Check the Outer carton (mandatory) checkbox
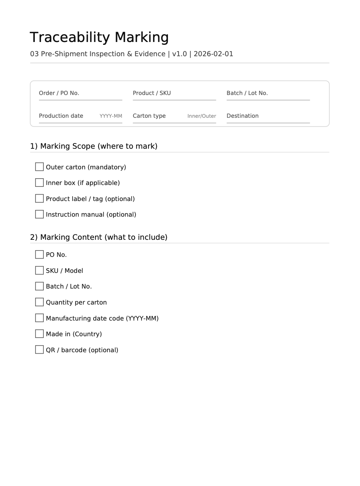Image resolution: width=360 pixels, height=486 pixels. tap(39, 167)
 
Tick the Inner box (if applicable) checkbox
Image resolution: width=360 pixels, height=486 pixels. tap(39, 183)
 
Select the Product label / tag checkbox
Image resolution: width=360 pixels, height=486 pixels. tap(39, 199)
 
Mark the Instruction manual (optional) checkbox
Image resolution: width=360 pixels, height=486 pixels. tap(39, 214)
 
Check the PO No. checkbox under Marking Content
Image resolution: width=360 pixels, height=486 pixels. tap(39, 254)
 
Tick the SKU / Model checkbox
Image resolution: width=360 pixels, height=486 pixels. tap(39, 270)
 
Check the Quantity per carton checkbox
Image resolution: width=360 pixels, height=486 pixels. tap(39, 302)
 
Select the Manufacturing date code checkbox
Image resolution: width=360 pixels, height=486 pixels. tap(39, 318)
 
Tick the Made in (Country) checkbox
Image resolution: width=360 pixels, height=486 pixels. tap(39, 334)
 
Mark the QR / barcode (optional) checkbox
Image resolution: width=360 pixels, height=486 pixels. tap(39, 349)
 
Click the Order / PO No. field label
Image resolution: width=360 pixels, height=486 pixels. tap(59, 93)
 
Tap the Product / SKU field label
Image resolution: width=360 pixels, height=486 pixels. tap(152, 93)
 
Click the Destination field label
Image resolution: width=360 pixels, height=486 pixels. tap(243, 116)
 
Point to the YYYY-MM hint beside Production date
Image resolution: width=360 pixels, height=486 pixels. tap(111, 116)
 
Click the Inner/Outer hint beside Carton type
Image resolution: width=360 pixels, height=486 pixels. tap(202, 116)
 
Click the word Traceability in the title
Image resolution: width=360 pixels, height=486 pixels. tap(70, 37)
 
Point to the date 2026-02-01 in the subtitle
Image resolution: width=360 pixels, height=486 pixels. tap(213, 54)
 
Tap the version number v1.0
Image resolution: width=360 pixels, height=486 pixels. tap(179, 54)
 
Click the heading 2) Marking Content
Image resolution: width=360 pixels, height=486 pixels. tap(99, 237)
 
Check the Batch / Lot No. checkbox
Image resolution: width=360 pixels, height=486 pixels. tap(39, 286)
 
